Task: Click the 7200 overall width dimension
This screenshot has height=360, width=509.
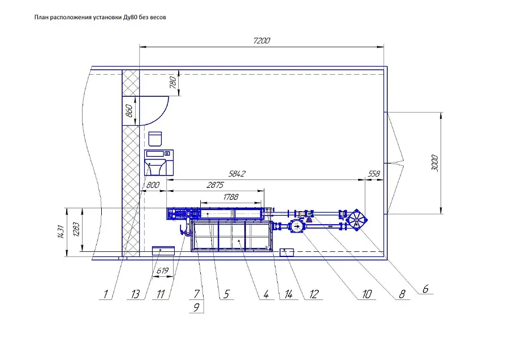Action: tap(261, 41)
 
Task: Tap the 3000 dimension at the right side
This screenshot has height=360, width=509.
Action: tap(435, 163)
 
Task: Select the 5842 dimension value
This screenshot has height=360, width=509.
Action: tap(236, 174)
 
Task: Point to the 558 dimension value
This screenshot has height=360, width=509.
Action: tap(374, 174)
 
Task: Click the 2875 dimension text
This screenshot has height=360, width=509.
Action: tap(215, 185)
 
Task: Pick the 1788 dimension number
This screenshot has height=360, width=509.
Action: tap(231, 196)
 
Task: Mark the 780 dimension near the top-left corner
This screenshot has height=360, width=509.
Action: tap(173, 82)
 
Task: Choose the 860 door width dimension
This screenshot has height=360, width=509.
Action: tap(129, 111)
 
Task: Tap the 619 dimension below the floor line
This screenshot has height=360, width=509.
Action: tap(162, 271)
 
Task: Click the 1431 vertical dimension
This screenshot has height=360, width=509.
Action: tap(61, 232)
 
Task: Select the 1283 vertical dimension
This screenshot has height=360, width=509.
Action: tap(76, 229)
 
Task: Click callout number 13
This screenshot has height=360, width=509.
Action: tap(135, 294)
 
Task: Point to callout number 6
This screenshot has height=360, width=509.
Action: tap(425, 289)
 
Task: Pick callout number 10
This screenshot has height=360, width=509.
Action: tap(367, 294)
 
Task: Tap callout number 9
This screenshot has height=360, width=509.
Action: tap(196, 307)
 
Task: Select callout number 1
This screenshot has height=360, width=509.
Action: tap(106, 294)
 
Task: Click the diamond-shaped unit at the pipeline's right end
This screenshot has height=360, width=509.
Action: tap(356, 220)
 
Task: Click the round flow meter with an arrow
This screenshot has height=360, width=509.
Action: tap(297, 226)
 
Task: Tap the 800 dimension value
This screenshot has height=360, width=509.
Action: tap(153, 185)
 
